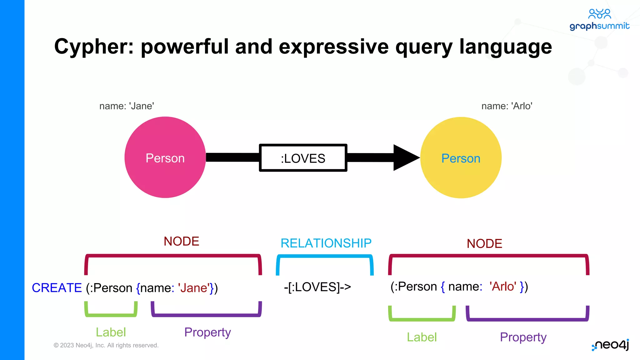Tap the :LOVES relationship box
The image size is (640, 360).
coord(303,158)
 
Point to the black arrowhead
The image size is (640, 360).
coord(405,157)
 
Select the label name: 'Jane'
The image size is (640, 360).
coord(127,106)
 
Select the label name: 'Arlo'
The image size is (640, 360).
coord(507,106)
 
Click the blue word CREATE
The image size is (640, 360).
coord(57,288)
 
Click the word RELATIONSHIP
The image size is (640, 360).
coord(326,243)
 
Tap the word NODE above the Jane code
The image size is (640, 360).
coord(181,241)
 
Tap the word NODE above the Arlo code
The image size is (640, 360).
coord(484,243)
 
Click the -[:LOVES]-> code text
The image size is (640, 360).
coord(317,287)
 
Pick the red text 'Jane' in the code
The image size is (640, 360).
coord(193,288)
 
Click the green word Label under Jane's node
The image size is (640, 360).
coord(111,332)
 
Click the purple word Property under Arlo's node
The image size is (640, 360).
coord(523,337)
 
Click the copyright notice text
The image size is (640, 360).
coord(106,345)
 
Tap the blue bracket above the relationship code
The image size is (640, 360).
coord(325,257)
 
